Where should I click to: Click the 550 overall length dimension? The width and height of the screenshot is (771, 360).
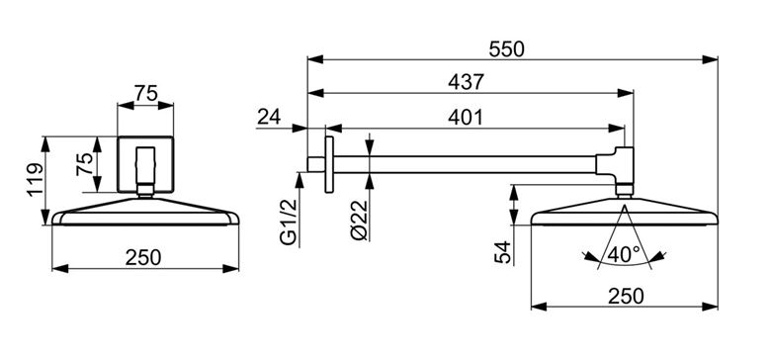(507, 49)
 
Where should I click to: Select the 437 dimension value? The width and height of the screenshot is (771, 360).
(466, 83)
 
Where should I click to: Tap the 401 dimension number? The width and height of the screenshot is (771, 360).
(466, 118)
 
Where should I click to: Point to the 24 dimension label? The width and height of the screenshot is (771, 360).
(269, 117)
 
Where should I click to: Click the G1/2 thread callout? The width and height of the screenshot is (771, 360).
(289, 222)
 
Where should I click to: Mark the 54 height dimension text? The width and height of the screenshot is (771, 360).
(503, 252)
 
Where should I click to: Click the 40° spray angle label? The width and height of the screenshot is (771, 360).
(624, 254)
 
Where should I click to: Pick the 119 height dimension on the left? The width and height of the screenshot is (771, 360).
(36, 180)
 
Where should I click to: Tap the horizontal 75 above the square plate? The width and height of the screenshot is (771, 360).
(145, 93)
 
